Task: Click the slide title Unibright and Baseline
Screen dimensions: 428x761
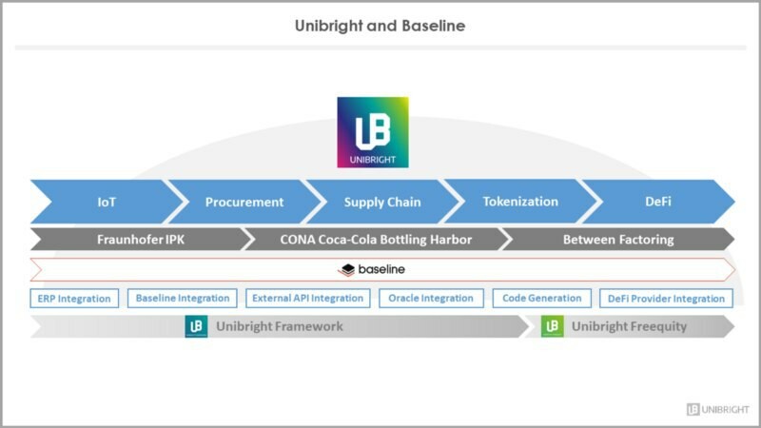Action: pyautogui.click(x=380, y=26)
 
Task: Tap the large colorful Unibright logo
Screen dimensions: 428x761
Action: pyautogui.click(x=373, y=132)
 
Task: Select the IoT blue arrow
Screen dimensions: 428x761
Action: pyautogui.click(x=107, y=202)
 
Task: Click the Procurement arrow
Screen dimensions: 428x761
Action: pyautogui.click(x=244, y=202)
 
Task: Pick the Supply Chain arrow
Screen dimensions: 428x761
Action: pyautogui.click(x=383, y=202)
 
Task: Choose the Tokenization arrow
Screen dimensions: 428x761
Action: pyautogui.click(x=520, y=202)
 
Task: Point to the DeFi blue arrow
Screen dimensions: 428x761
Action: pyautogui.click(x=656, y=202)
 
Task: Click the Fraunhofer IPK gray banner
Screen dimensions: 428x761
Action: pyautogui.click(x=141, y=240)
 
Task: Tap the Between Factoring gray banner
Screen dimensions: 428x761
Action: pyautogui.click(x=617, y=240)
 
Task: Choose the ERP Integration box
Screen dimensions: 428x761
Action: pyautogui.click(x=74, y=299)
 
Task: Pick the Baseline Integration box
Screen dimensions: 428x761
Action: pyautogui.click(x=183, y=299)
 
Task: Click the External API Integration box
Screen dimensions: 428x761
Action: pyautogui.click(x=307, y=299)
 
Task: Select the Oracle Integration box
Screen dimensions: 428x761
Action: pyautogui.click(x=431, y=299)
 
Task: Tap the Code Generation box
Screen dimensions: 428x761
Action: pyautogui.click(x=542, y=299)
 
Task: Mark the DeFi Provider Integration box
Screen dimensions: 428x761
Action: pyautogui.click(x=666, y=299)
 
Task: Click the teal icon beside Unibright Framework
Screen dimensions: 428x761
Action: pyautogui.click(x=196, y=326)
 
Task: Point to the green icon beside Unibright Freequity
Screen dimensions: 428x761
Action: pyautogui.click(x=552, y=326)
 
